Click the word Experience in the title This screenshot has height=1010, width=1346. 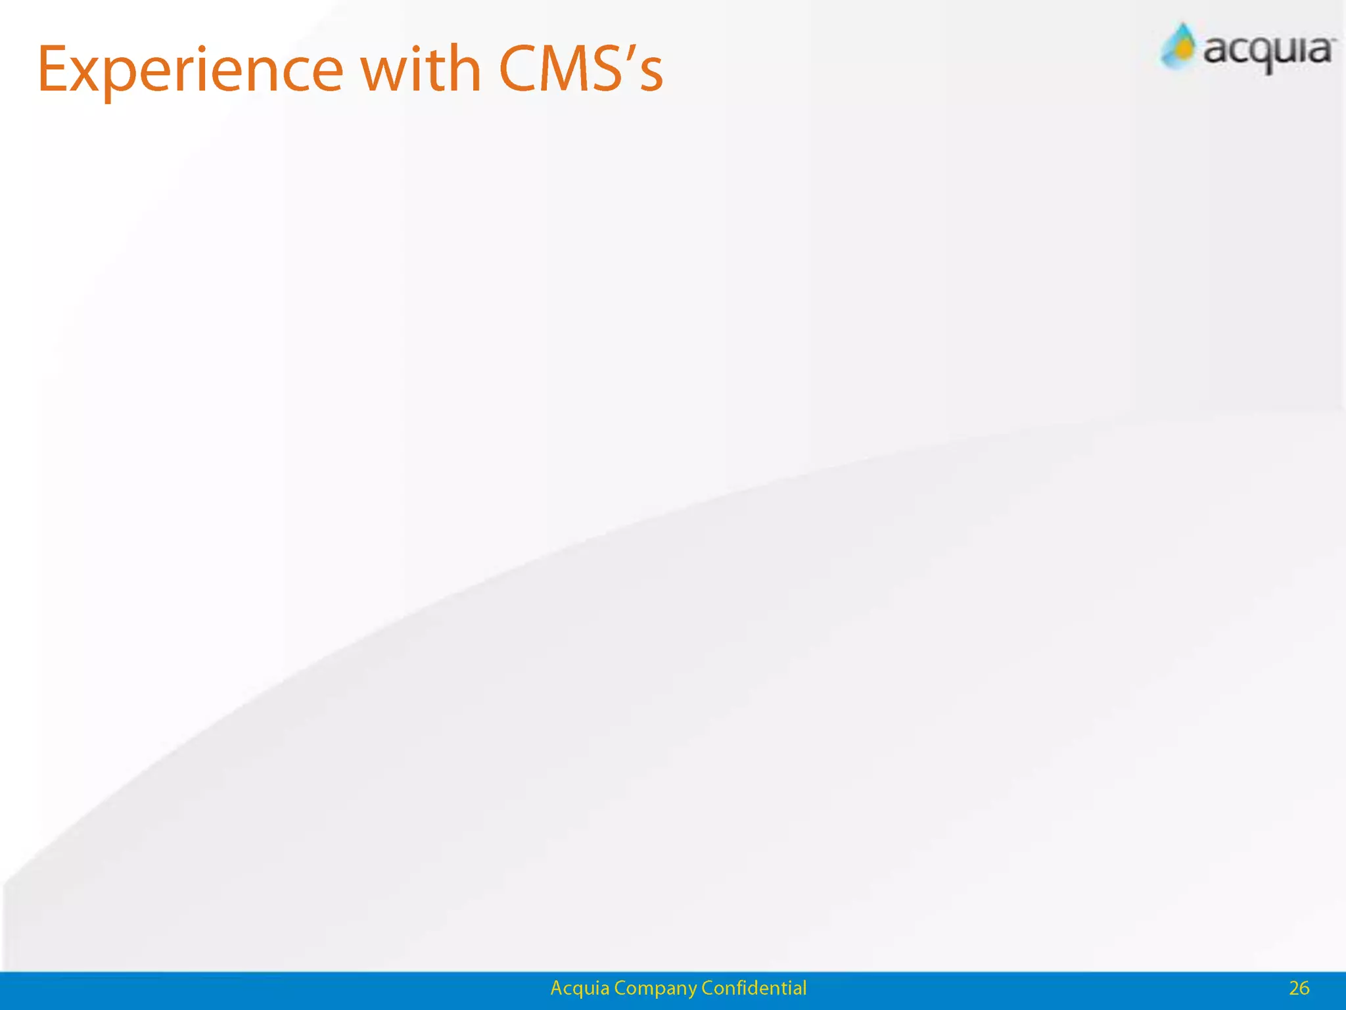pos(191,70)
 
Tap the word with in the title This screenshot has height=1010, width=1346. pos(421,68)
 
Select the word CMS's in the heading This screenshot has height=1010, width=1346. pos(581,68)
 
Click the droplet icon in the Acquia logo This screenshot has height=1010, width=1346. pos(1180,46)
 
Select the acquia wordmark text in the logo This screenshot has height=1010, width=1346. pos(1267,51)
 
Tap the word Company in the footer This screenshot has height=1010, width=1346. pos(655,989)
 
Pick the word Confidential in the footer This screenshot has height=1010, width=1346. pos(754,988)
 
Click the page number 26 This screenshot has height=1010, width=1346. pos(1299,988)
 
